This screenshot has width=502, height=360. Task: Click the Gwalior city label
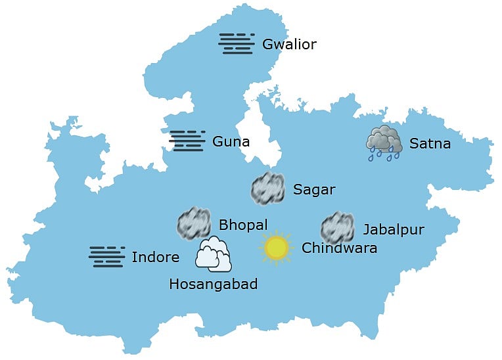[289, 45]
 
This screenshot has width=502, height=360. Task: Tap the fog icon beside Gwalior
[237, 43]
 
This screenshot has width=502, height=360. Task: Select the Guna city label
[231, 141]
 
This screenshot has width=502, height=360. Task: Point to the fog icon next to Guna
[187, 141]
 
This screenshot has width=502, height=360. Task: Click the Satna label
[430, 143]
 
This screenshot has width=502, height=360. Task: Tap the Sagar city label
[314, 190]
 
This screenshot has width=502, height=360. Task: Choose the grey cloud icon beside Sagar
[267, 188]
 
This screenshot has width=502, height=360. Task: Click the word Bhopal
[243, 225]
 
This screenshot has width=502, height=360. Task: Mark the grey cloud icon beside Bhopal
[194, 223]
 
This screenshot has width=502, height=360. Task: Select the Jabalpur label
[394, 229]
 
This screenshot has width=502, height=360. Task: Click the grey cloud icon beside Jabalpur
[338, 227]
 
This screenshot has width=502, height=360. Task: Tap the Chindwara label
[339, 248]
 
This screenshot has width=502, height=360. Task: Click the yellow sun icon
[275, 248]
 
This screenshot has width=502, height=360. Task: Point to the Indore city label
[155, 257]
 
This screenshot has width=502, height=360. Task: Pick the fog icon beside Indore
[106, 256]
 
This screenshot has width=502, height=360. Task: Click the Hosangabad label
[213, 284]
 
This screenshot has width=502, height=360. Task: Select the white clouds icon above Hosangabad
[214, 255]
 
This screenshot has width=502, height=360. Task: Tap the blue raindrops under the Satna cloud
[384, 155]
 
